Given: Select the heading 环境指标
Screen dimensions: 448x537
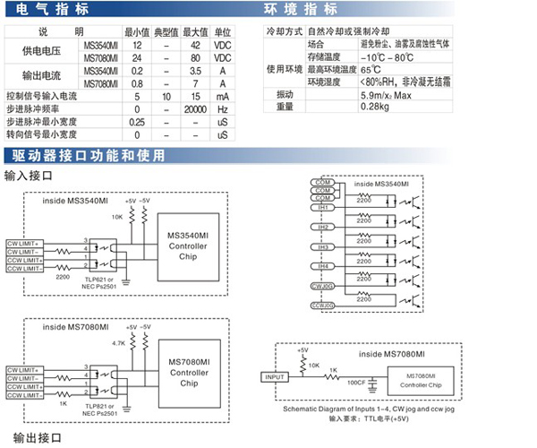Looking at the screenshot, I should (301, 11).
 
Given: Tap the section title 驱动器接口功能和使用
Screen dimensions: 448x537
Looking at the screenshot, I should (85, 154).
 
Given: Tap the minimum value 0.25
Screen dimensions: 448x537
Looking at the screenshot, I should (138, 121).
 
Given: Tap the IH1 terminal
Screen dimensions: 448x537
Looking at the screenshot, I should (321, 209).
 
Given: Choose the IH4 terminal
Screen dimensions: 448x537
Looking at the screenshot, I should (321, 266).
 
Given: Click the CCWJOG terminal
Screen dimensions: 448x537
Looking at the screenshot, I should (322, 305).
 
